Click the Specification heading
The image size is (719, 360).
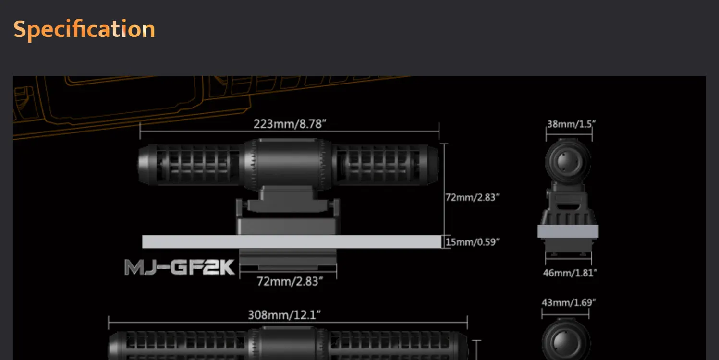(84, 29)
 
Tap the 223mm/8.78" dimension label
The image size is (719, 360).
(290, 124)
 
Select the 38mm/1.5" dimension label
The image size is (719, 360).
(571, 124)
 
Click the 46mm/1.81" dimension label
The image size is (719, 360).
(570, 273)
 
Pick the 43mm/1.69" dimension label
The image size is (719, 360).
(569, 302)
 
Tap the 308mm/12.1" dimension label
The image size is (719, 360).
(284, 315)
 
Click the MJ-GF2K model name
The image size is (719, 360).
(180, 267)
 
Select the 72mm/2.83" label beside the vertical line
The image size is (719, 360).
(472, 197)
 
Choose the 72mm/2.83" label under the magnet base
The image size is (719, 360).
(290, 281)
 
